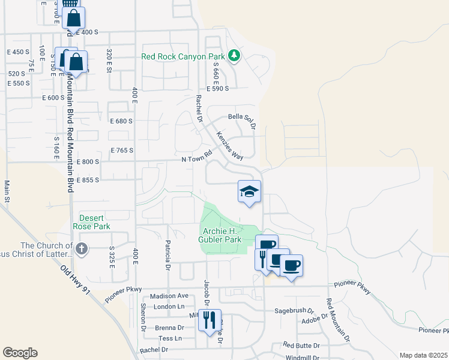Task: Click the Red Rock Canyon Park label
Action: (x=183, y=57)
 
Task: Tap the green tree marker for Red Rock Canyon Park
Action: (x=234, y=57)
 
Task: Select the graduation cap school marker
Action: (x=249, y=192)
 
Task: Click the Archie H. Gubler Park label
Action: (x=220, y=235)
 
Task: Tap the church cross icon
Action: (x=82, y=248)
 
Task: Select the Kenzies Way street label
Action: (x=230, y=146)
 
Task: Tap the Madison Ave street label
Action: (x=169, y=296)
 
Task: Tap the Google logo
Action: (x=20, y=353)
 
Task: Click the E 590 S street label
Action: (x=218, y=88)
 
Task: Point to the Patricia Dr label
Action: (x=169, y=256)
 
